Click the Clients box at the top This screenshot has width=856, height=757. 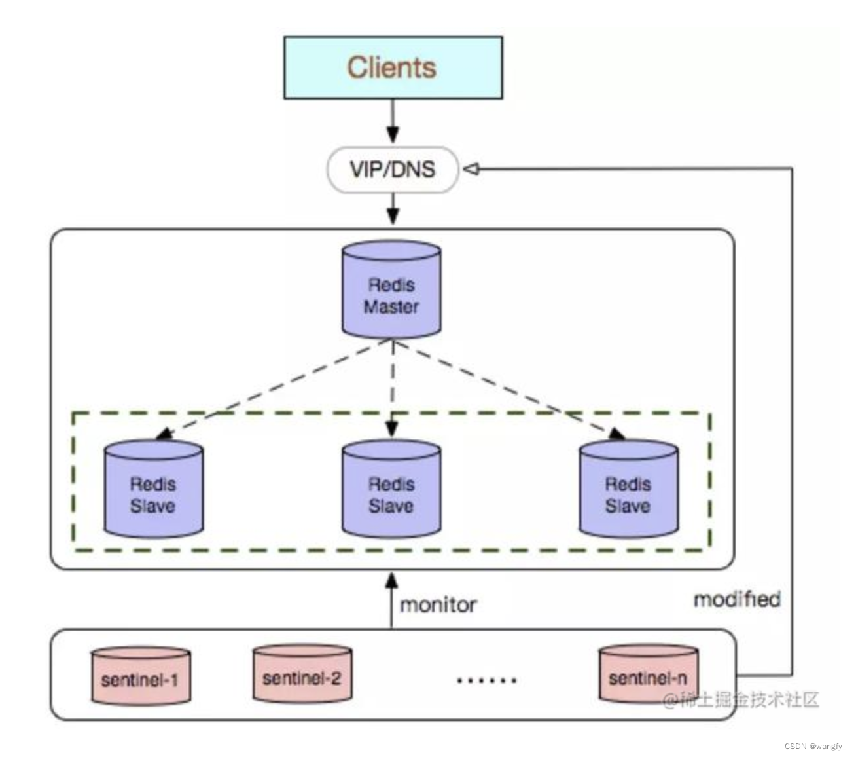[393, 68]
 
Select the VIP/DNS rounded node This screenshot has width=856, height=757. [393, 170]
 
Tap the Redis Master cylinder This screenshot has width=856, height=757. [391, 291]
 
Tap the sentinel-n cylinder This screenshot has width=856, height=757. [647, 674]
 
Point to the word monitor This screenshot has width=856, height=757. [438, 604]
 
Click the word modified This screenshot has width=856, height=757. [737, 599]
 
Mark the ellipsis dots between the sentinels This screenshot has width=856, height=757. [486, 680]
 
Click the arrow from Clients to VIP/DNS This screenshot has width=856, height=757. [393, 122]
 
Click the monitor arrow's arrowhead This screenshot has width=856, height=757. [391, 580]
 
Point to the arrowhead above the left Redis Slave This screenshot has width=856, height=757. [164, 434]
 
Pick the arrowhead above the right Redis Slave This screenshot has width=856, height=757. [616, 434]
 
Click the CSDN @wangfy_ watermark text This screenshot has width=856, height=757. [815, 746]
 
